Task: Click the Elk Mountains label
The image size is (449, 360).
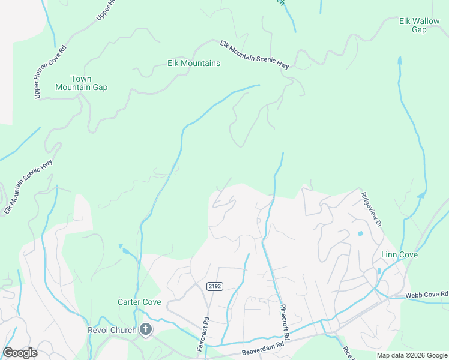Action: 193,63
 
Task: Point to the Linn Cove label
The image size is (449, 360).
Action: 399,255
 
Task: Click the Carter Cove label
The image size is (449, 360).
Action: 139,302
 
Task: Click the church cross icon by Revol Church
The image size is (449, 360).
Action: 145,329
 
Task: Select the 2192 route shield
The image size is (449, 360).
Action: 214,286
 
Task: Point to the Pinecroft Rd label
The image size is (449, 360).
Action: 285,322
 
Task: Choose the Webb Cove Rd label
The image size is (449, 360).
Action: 427,295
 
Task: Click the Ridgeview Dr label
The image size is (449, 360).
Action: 372,209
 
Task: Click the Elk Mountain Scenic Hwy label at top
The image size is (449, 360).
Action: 254,55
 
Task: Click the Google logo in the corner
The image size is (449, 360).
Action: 20,353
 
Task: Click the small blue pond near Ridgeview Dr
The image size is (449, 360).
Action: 360,233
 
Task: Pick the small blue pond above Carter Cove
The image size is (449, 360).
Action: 121,246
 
